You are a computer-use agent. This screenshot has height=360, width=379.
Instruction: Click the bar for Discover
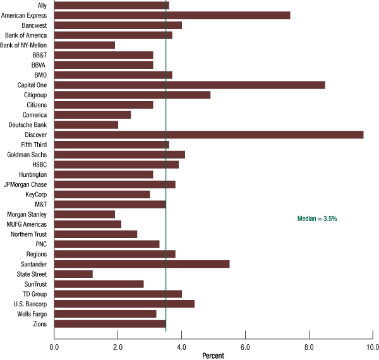208,135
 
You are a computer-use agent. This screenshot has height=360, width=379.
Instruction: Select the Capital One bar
189,85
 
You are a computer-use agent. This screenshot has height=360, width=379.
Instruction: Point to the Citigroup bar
132,95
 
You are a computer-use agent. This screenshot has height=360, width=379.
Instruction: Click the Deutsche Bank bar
86,124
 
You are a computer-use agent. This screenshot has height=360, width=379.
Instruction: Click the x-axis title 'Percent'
213,356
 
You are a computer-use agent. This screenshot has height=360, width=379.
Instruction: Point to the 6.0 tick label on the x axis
245,347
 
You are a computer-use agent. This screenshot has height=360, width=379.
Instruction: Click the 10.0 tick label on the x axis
371,347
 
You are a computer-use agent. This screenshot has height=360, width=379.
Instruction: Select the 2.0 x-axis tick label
117,347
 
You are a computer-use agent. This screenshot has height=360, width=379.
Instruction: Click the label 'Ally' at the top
42,6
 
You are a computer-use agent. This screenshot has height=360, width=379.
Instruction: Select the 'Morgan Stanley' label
27,214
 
